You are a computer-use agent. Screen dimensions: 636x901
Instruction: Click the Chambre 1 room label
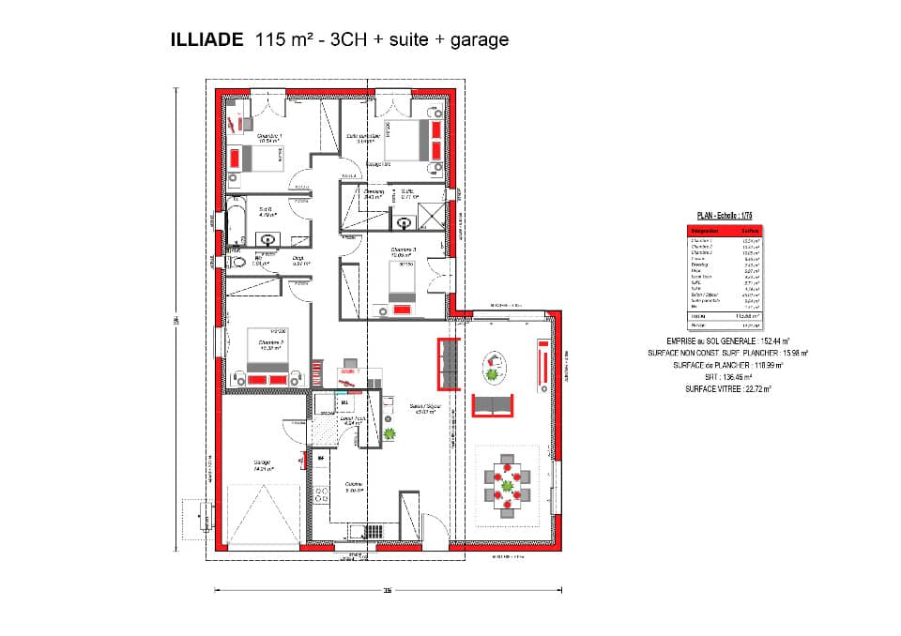click(x=269, y=138)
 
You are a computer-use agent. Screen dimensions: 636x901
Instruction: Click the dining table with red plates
click(x=508, y=485)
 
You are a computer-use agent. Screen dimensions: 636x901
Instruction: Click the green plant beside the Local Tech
click(x=389, y=433)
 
